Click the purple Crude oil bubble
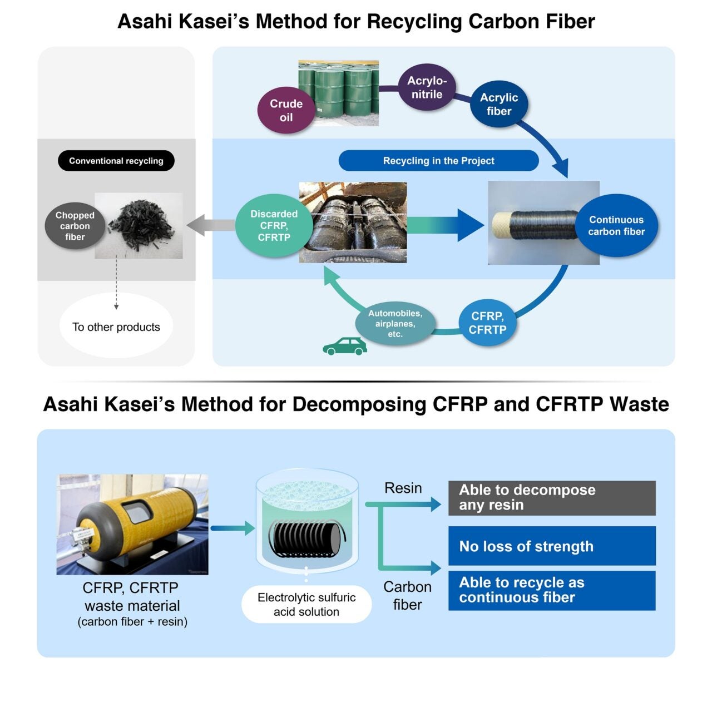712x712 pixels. pos(286,110)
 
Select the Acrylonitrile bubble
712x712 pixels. pos(427,87)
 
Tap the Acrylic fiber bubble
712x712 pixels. pos(498,104)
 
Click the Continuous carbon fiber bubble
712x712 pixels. pos(616,225)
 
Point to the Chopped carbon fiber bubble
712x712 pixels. pos(75,225)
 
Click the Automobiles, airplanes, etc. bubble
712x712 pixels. pos(395,324)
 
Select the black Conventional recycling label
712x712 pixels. pos(116,161)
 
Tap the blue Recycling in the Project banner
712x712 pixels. pos(438,161)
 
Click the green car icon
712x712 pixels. pos(345,347)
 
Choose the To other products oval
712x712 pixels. pos(116,327)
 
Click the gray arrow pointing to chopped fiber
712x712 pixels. pos(210,225)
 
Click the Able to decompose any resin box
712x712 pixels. pos(552,498)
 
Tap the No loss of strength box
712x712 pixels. pos(552,546)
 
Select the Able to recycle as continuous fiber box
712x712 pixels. pos(552,590)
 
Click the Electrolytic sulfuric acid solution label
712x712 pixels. pos(306,604)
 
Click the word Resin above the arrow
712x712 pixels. pos(403,488)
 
